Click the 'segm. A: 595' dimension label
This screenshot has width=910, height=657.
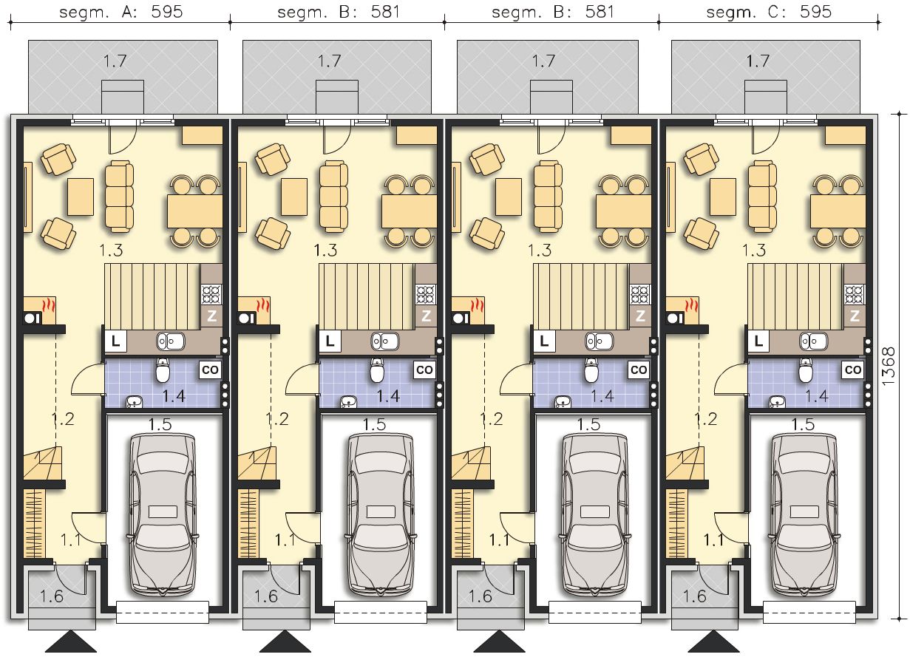pos(121,12)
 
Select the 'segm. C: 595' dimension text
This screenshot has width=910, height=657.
pos(769,12)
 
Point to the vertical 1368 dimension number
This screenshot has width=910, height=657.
pos(888,367)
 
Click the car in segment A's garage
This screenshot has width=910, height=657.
pos(163,515)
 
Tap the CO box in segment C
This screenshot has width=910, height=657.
pos(852,370)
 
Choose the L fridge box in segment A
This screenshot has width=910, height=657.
pos(116,341)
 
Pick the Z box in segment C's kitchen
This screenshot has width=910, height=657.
pos(855,316)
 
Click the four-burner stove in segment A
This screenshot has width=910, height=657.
pos(211,295)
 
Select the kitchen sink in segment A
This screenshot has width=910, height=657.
pos(171,341)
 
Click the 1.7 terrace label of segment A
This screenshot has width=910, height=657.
pos(115,61)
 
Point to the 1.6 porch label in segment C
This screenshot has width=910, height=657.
pos(695,596)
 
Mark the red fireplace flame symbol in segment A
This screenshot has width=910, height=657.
pos(49,305)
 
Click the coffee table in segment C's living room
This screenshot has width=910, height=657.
pos(723,197)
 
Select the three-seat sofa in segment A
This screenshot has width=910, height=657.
pos(120,197)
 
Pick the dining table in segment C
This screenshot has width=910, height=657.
pos(838,211)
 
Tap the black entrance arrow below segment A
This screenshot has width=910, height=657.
pos(71,641)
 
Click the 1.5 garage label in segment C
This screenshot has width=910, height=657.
pos(803,425)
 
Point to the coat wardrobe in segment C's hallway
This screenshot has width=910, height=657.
pos(677,523)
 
